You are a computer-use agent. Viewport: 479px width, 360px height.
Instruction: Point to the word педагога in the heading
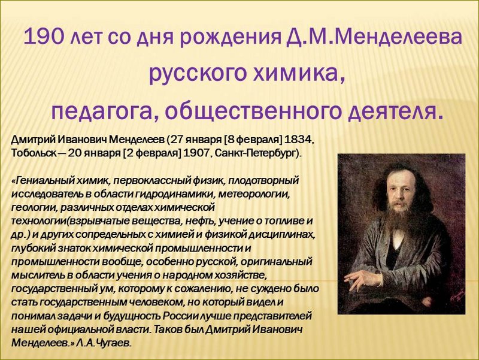click(105, 112)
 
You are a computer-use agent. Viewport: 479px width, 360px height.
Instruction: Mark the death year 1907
click(196, 153)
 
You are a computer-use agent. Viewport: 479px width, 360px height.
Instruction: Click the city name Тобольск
click(34, 153)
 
